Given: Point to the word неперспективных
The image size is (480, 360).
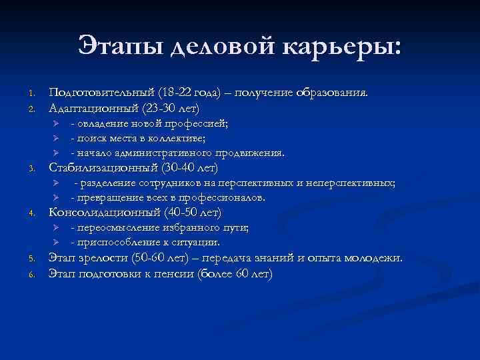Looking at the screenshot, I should tap(351, 183).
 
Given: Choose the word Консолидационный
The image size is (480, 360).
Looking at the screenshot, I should tap(101, 213).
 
